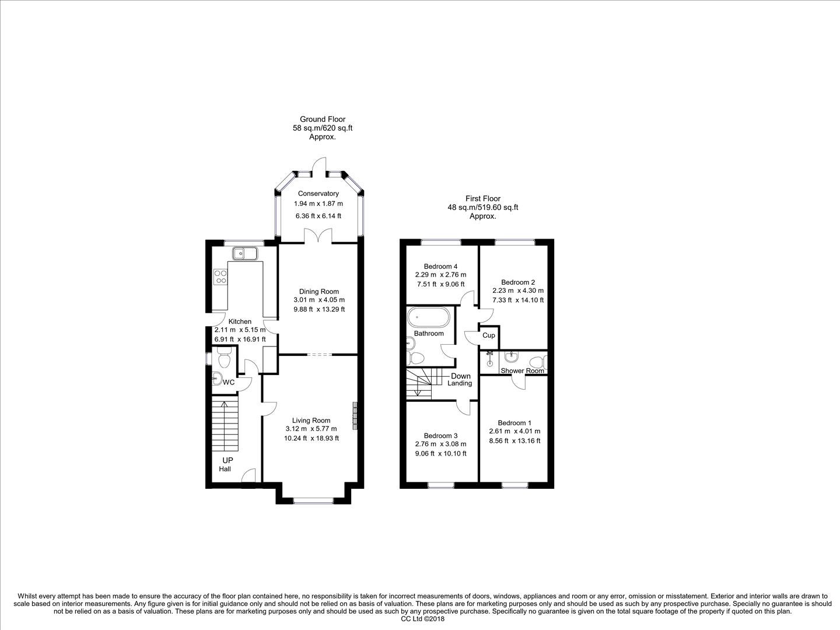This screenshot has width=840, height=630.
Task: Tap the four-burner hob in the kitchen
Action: pyautogui.click(x=220, y=276)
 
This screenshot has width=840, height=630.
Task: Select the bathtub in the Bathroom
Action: pyautogui.click(x=429, y=318)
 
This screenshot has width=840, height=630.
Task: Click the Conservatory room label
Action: pyautogui.click(x=318, y=194)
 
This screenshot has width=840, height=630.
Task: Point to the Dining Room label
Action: pyautogui.click(x=318, y=292)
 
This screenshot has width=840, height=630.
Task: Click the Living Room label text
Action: pyautogui.click(x=311, y=421)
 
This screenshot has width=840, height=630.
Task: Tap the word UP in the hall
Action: pyautogui.click(x=227, y=460)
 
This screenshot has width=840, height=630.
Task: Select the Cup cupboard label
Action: pyautogui.click(x=489, y=335)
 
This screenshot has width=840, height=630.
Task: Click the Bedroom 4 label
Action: pyautogui.click(x=440, y=266)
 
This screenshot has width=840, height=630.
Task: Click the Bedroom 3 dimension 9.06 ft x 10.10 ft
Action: pyautogui.click(x=440, y=453)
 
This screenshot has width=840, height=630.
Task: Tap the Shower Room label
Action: pyautogui.click(x=522, y=371)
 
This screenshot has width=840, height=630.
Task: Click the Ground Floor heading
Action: pyautogui.click(x=323, y=119)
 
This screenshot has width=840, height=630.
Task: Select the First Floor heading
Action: pyautogui.click(x=482, y=198)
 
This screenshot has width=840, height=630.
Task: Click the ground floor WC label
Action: pyautogui.click(x=229, y=383)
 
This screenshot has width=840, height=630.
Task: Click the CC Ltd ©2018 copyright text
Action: pyautogui.click(x=420, y=619)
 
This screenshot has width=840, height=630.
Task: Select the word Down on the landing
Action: pyautogui.click(x=461, y=376)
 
